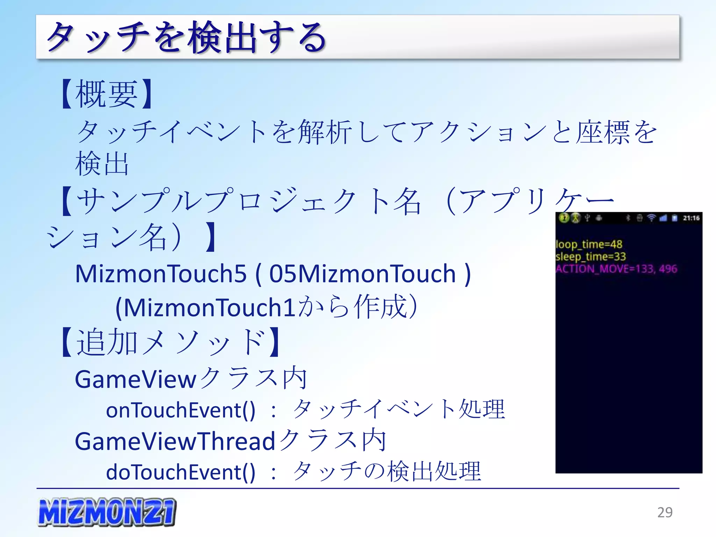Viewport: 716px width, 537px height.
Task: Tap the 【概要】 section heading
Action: [107, 94]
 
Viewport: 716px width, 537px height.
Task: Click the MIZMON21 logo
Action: [107, 512]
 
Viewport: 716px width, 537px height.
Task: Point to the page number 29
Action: [665, 512]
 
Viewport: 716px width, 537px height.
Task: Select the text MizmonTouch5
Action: [161, 274]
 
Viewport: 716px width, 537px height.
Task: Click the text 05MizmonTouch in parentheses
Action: [362, 274]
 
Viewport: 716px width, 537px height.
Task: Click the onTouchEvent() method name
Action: [180, 410]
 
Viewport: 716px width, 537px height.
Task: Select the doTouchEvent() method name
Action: [180, 472]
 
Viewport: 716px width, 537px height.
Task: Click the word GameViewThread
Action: [175, 441]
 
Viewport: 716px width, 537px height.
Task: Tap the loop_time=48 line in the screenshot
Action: [589, 244]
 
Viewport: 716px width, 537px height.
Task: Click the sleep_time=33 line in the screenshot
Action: [590, 256]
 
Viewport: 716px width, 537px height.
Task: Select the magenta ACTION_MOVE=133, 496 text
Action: [616, 268]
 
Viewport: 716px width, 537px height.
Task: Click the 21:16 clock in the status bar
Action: [691, 218]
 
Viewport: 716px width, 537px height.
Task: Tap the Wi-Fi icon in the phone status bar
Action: [651, 218]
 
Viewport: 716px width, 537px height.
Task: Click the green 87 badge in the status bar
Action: [564, 218]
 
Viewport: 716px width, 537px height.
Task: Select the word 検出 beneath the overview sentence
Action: [102, 164]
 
